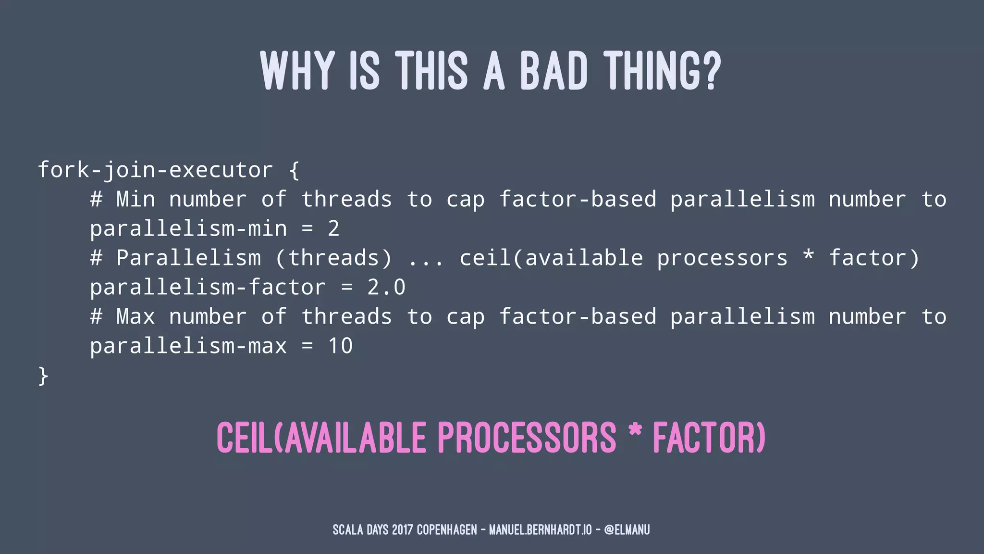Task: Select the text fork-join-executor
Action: [x=155, y=170]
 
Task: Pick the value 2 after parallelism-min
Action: [x=334, y=228]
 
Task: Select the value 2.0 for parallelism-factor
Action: [x=386, y=287]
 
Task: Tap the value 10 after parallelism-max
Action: [x=341, y=346]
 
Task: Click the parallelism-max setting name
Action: [x=188, y=346]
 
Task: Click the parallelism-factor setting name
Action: [x=208, y=287]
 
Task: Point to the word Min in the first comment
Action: [x=135, y=199]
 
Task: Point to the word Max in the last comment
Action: [x=135, y=316]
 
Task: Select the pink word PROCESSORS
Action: [x=527, y=438]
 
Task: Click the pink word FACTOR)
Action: [x=708, y=438]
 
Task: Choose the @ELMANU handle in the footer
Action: [x=627, y=530]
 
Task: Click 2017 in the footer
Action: [x=402, y=530]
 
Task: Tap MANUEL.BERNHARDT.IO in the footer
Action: [x=540, y=530]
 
